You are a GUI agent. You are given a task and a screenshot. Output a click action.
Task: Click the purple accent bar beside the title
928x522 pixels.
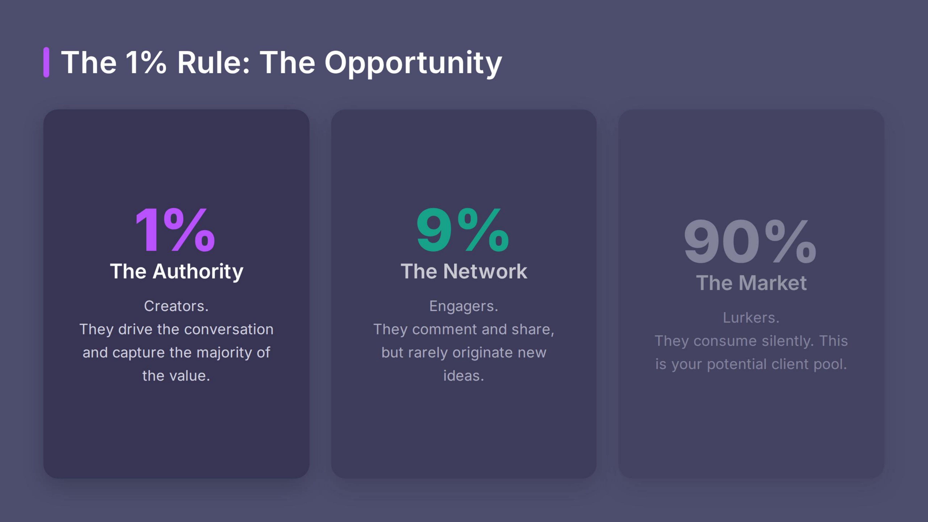click(46, 62)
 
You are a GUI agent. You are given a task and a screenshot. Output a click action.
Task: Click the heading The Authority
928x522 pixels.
click(177, 271)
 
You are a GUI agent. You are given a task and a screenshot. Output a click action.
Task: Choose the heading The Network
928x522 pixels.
click(464, 271)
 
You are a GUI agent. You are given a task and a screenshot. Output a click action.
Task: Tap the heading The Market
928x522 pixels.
click(751, 283)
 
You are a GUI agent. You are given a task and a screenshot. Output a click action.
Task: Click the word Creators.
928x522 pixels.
click(176, 306)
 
